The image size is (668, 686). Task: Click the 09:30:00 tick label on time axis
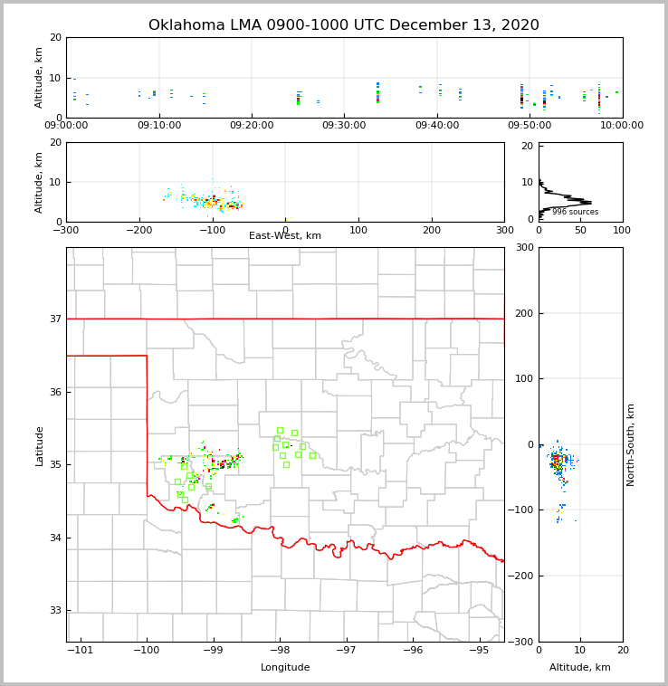(x=344, y=126)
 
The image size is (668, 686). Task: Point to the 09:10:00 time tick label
(x=159, y=126)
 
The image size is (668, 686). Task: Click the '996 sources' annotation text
(x=575, y=212)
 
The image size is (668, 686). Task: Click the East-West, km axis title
(x=285, y=236)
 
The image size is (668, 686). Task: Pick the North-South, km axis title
(x=631, y=444)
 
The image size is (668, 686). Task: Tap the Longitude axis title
(x=285, y=668)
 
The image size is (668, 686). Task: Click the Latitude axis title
(x=39, y=445)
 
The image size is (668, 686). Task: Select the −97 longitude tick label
(x=346, y=651)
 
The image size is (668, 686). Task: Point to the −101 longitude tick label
(x=80, y=651)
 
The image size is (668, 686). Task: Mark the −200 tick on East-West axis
(x=138, y=230)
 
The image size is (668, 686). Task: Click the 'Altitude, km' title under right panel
(x=580, y=668)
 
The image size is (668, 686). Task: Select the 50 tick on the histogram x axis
(x=580, y=230)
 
